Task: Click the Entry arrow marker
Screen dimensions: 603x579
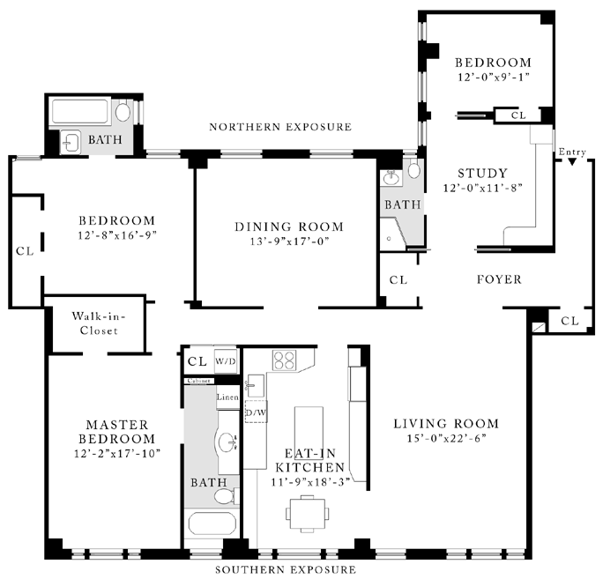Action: click(x=572, y=162)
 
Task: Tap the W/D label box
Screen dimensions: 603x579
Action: click(x=226, y=361)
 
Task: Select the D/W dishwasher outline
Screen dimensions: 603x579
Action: click(x=257, y=412)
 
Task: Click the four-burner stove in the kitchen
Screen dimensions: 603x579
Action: click(x=284, y=360)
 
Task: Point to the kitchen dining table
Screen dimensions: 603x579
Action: click(x=308, y=514)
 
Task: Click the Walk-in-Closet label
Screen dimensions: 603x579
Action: click(x=99, y=323)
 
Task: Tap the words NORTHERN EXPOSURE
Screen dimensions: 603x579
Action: click(x=280, y=127)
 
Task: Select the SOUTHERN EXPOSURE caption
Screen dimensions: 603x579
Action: click(x=286, y=569)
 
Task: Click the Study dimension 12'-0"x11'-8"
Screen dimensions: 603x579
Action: click(x=482, y=188)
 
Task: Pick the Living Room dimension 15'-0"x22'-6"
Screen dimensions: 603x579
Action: click(x=446, y=438)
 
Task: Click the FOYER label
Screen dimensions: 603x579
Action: click(x=499, y=279)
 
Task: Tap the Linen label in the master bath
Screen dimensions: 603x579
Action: click(x=227, y=397)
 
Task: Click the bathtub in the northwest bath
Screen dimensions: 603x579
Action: click(x=80, y=112)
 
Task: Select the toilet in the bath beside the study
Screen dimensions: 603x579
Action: click(x=413, y=169)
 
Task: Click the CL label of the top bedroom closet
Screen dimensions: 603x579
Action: click(x=518, y=115)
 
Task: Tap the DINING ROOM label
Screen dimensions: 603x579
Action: click(x=289, y=226)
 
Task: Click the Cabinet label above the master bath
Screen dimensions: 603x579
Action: click(x=199, y=381)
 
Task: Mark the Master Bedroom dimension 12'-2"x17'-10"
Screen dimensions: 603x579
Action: click(x=117, y=454)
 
